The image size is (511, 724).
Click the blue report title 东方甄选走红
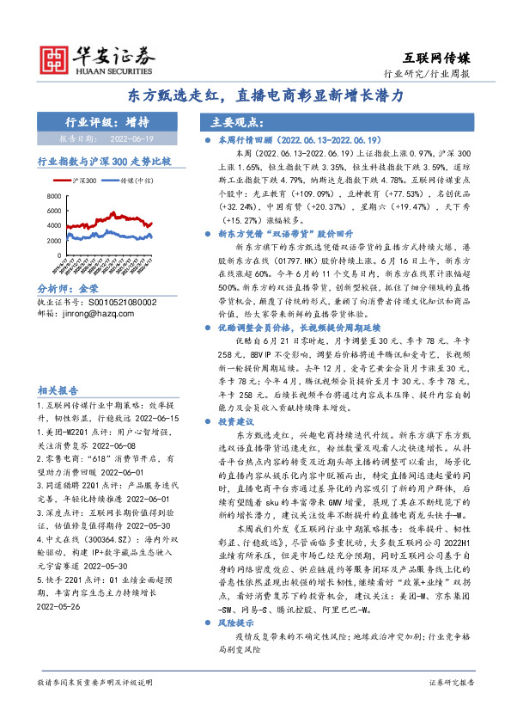point(255,97)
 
